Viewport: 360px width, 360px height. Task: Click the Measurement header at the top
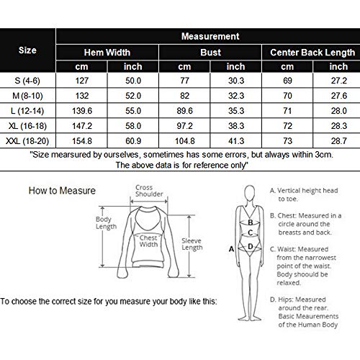pyautogui.click(x=210, y=37)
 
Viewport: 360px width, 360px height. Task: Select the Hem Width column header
pyautogui.click(x=107, y=53)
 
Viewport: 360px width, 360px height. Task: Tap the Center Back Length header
pyautogui.click(x=312, y=53)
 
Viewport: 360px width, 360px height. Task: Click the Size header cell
pyautogui.click(x=27, y=50)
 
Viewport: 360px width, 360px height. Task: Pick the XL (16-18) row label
pyautogui.click(x=27, y=126)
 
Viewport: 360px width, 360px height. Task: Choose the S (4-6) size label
pyautogui.click(x=27, y=81)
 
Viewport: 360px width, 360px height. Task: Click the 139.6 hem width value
pyautogui.click(x=82, y=111)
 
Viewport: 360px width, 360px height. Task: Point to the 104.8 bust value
pyautogui.click(x=185, y=141)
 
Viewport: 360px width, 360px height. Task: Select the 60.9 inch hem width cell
pyautogui.click(x=133, y=141)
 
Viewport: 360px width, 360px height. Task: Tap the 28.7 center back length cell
pyautogui.click(x=339, y=141)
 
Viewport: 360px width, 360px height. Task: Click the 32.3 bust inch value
pyautogui.click(x=236, y=96)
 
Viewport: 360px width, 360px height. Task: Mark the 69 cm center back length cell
pyautogui.click(x=287, y=81)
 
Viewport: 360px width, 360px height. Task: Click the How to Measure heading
pyautogui.click(x=62, y=191)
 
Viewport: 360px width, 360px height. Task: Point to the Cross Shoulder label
pyautogui.click(x=149, y=191)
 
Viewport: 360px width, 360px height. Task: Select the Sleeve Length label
pyautogui.click(x=192, y=244)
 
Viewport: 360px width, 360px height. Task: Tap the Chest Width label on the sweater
pyautogui.click(x=148, y=241)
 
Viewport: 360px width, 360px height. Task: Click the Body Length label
pyautogui.click(x=106, y=222)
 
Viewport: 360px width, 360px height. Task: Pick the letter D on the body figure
pyautogui.click(x=251, y=246)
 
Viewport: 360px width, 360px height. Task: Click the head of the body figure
pyautogui.click(x=250, y=192)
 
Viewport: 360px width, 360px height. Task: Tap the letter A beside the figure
pyautogui.click(x=231, y=249)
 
